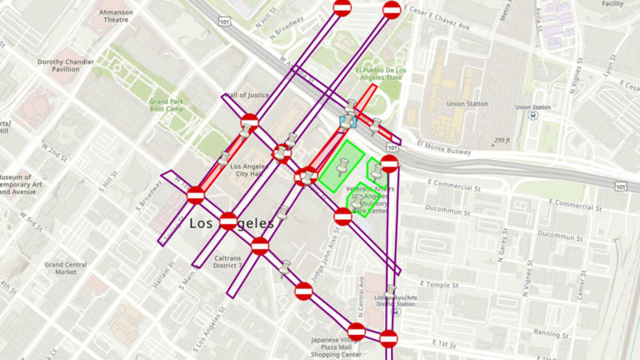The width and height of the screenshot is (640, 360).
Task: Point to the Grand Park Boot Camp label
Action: [x=165, y=105]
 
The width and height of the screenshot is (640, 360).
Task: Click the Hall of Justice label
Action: [x=247, y=95]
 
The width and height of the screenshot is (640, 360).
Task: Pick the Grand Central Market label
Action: [x=66, y=267]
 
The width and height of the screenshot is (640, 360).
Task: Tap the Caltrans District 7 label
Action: [x=227, y=262]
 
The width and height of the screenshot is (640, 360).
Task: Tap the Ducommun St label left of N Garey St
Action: [x=447, y=209]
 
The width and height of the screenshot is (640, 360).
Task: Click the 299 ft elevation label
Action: [x=502, y=141]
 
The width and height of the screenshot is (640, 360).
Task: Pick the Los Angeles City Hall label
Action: [x=246, y=170]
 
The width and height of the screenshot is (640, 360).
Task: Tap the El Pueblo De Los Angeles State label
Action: [x=381, y=74]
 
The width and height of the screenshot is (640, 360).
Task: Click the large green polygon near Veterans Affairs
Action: [x=340, y=166]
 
